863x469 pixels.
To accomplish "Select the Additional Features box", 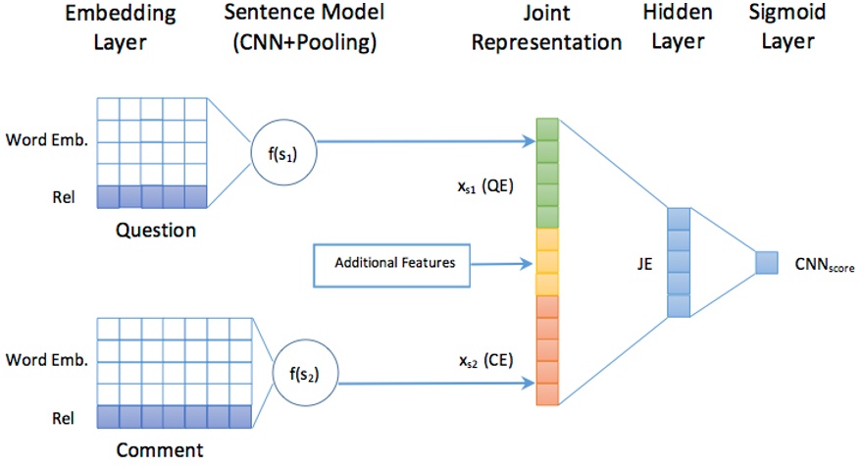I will pos(390,263).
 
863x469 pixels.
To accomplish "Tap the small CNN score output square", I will pos(766,263).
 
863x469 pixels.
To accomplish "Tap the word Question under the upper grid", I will pos(156,232).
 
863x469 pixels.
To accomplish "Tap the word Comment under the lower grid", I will pos(160,450).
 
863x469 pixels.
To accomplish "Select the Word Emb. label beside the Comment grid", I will pos(46,360).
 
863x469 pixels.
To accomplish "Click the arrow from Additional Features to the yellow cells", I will pos(501,263).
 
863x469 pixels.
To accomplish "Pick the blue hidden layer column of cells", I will pos(678,263).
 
